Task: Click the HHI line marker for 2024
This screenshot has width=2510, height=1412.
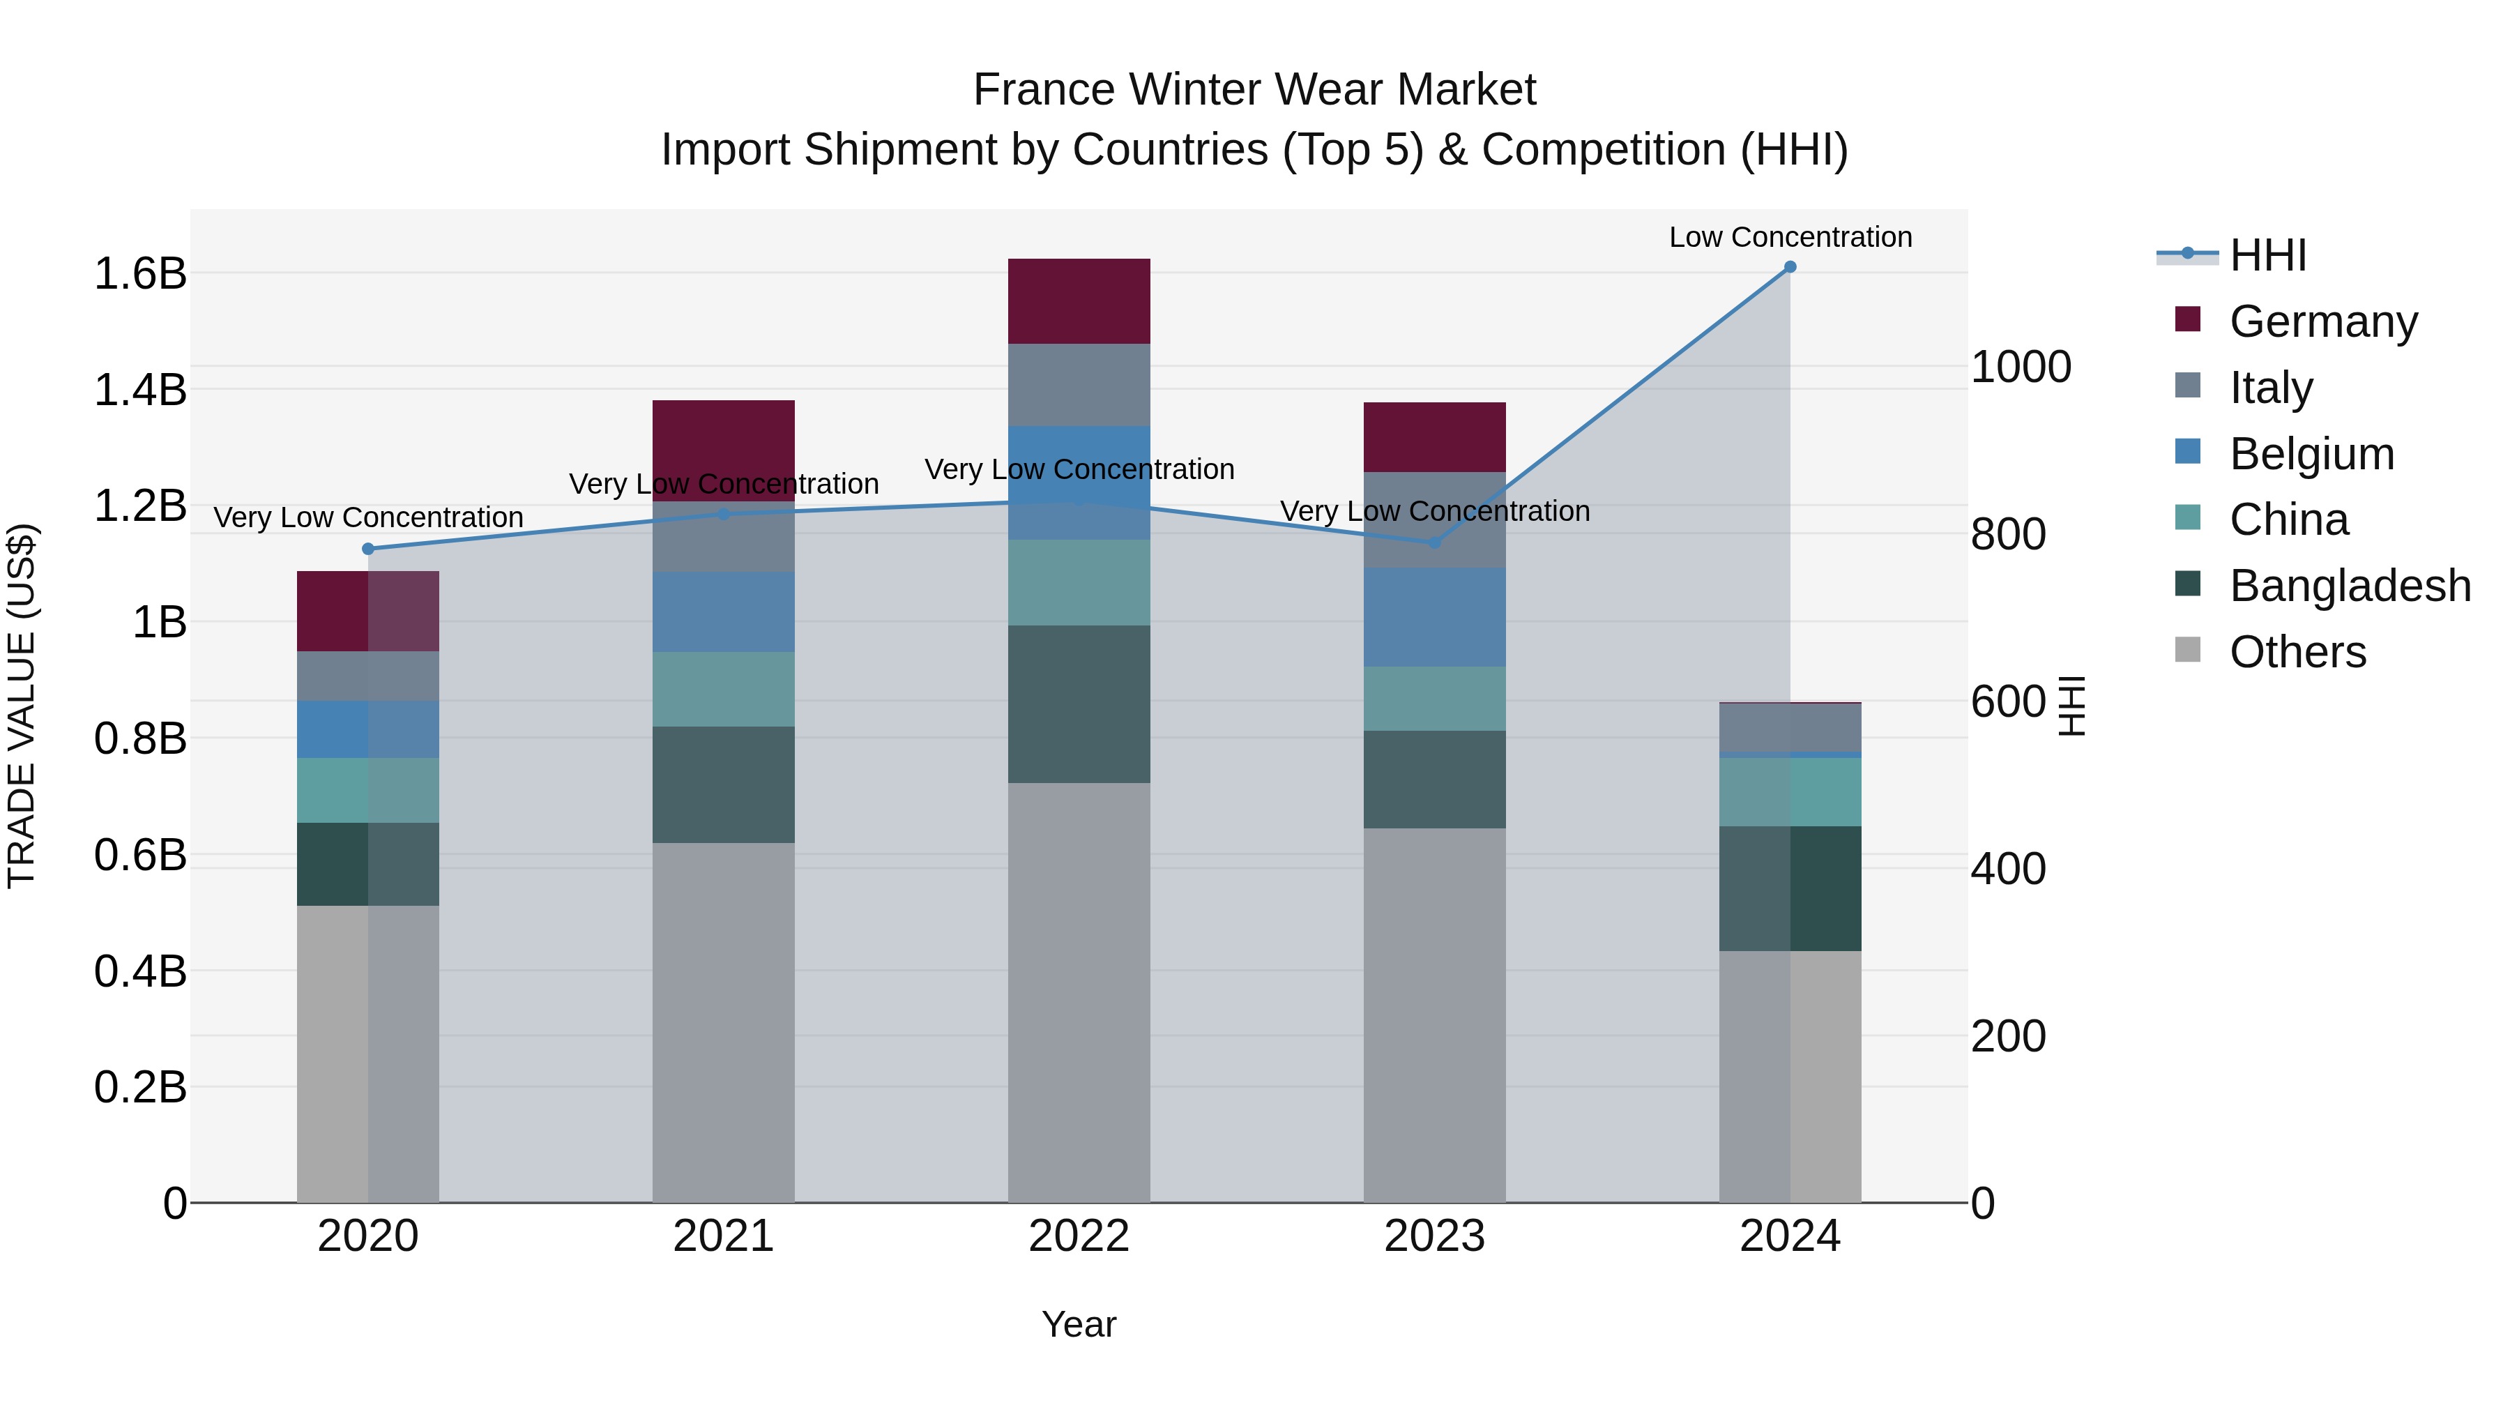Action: [1790, 267]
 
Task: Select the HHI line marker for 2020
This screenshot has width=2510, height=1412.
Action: [367, 549]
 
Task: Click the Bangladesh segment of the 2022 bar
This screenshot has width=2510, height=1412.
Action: [1079, 704]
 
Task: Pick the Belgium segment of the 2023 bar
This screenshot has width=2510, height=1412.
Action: [1434, 617]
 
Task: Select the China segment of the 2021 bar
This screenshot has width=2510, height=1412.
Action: [723, 689]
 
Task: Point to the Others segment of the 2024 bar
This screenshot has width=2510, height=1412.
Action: [1790, 1076]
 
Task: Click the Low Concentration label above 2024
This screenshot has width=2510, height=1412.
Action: [1790, 237]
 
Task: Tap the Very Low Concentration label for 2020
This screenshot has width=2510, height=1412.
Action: [368, 517]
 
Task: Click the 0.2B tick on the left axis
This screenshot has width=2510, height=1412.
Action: [139, 1086]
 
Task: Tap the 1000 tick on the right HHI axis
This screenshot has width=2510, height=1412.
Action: [2021, 367]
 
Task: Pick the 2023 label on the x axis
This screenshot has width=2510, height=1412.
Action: [1434, 1236]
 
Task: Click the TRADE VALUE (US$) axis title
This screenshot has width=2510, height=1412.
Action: [22, 706]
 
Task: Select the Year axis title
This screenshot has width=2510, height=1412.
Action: [1079, 1324]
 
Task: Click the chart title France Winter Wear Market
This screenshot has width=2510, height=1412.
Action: [1254, 90]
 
